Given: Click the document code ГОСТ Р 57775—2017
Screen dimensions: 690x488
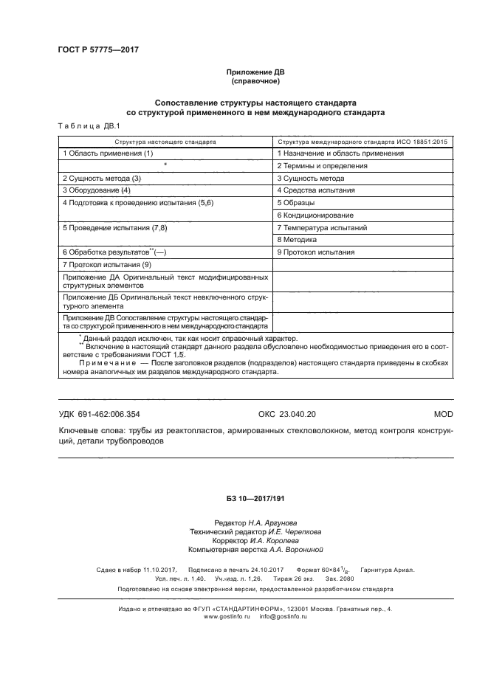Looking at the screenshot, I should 98,49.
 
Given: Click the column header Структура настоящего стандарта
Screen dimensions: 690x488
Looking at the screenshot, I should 165,139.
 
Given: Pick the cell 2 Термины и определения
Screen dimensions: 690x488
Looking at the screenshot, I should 322,166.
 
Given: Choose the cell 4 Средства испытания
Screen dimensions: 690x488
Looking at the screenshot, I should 316,190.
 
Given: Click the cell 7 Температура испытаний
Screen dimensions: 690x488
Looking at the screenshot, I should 321,228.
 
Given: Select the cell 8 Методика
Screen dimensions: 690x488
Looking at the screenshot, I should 297,240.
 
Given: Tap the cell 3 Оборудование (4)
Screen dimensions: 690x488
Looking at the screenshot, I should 96,190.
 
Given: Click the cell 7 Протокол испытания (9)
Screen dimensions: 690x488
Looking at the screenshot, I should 106,264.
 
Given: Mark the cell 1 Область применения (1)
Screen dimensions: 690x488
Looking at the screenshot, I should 107,153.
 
